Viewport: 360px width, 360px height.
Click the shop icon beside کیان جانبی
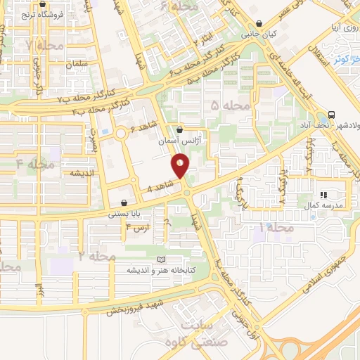click(x=259, y=23)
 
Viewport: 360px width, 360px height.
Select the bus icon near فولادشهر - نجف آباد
click(x=330, y=114)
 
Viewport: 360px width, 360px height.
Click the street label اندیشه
click(x=82, y=173)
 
